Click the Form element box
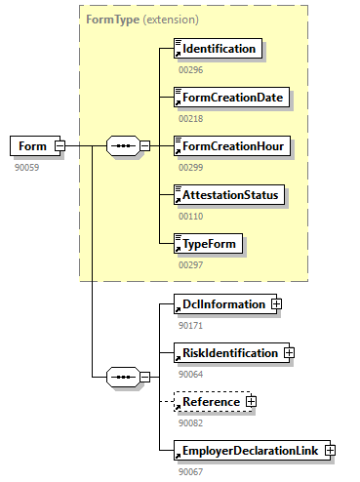coord(35,146)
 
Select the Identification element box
coord(218,49)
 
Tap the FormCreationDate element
coord(231,98)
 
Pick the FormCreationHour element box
coord(232,146)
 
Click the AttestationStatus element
coord(229,195)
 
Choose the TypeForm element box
coord(208,244)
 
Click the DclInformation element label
coord(224,304)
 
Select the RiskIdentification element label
coord(230,353)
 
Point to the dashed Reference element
coord(213,402)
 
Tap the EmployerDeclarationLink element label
coord(251,451)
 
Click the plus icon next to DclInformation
coord(276,303)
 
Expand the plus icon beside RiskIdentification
coord(289,352)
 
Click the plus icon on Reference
coord(251,401)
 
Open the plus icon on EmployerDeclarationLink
coord(330,450)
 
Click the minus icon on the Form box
coord(60,145)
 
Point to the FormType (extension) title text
coord(142,20)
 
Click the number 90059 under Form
coord(27,168)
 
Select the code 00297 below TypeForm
coord(191,265)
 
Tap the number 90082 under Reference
coord(191,423)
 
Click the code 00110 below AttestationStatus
coord(191,217)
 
